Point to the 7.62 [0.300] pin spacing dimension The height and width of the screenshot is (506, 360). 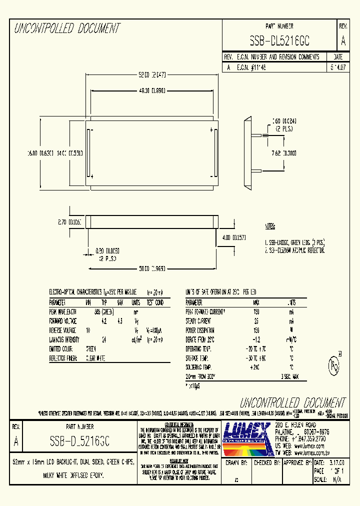point(282,153)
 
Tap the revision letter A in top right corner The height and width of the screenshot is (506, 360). point(343,40)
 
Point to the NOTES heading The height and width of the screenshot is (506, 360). point(270,226)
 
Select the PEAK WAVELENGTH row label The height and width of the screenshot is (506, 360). point(63,311)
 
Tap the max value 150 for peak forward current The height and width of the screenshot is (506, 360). point(256,311)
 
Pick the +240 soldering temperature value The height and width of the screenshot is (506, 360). point(256,367)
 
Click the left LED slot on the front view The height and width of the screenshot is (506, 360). point(88,153)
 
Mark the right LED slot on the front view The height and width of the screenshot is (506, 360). point(216,153)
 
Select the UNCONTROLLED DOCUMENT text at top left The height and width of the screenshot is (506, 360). point(67,28)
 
